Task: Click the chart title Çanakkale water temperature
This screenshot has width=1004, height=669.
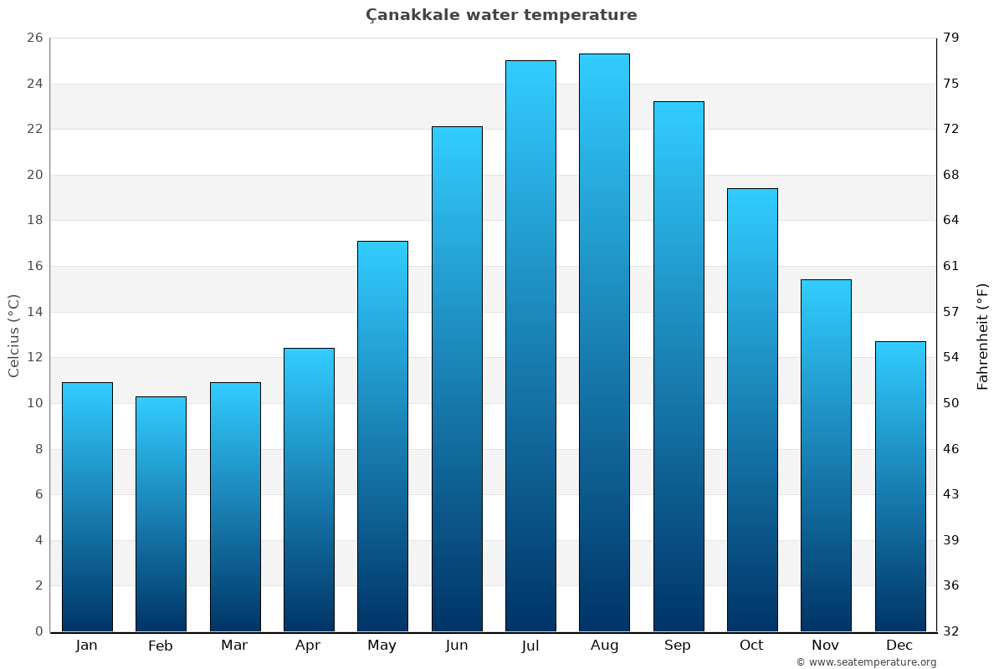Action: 501,15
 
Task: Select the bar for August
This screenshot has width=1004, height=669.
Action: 604,343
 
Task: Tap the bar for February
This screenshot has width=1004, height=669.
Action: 161,513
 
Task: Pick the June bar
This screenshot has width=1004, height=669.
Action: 457,379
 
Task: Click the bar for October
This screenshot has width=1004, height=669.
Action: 752,410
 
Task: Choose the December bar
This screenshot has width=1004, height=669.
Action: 900,486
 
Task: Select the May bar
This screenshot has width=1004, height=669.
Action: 382,436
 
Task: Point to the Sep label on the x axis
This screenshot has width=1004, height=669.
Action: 678,646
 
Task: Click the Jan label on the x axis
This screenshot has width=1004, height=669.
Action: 86,646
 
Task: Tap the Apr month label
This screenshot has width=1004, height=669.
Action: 308,646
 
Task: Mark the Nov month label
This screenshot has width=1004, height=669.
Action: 826,646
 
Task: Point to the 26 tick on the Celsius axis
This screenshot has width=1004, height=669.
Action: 34,38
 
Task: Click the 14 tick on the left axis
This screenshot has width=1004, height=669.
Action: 34,312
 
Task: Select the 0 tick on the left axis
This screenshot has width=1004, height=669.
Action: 38,631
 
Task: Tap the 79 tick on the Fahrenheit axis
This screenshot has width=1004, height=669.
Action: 951,38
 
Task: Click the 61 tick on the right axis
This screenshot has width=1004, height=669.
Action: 951,266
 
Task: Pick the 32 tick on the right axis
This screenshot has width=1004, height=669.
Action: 951,631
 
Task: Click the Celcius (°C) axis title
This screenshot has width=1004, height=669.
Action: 14,334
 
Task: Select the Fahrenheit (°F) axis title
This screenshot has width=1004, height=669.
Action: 983,335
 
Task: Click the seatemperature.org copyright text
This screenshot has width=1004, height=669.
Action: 866,662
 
